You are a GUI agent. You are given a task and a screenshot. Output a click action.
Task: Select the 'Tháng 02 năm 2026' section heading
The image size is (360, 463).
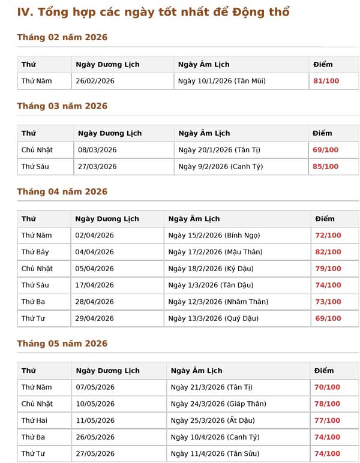click(x=62, y=37)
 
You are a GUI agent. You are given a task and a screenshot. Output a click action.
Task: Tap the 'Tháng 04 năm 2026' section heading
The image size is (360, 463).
click(x=62, y=192)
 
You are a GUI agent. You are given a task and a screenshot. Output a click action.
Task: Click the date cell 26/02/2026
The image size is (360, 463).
click(x=95, y=81)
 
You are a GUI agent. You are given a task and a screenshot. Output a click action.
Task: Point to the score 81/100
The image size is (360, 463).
click(x=326, y=81)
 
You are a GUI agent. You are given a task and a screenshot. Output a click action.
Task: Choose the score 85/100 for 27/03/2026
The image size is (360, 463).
click(x=325, y=167)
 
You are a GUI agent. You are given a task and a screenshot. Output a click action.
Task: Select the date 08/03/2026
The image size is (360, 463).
click(x=97, y=150)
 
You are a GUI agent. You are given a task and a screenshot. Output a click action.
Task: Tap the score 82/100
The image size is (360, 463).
click(x=328, y=252)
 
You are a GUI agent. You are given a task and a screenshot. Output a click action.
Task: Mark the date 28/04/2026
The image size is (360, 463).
click(x=94, y=302)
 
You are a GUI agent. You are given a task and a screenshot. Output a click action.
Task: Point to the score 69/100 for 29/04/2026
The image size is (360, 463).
click(x=328, y=318)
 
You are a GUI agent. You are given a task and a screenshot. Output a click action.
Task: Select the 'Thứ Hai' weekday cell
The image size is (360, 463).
click(x=34, y=420)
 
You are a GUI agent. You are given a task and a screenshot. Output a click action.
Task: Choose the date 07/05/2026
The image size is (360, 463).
click(x=95, y=387)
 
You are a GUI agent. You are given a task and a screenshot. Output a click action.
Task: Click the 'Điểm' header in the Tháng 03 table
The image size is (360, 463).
click(x=322, y=133)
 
